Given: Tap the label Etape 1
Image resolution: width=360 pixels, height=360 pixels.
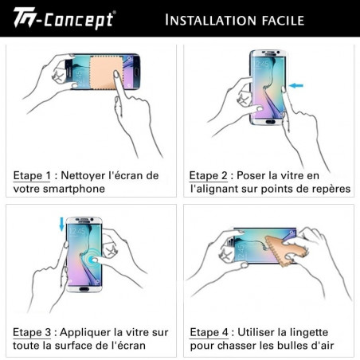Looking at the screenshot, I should click(x=32, y=174).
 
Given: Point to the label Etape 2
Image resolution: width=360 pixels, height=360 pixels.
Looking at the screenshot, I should click(x=209, y=174).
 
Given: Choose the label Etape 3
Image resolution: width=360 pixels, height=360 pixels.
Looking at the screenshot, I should click(x=32, y=331).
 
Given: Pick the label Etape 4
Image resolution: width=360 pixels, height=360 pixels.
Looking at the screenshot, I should click(x=209, y=331).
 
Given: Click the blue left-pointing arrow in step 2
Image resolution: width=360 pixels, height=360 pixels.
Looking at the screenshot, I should click(x=297, y=85).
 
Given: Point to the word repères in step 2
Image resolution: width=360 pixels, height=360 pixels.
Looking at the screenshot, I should click(x=327, y=189).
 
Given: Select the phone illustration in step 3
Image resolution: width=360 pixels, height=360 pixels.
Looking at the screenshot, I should click(x=84, y=252).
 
